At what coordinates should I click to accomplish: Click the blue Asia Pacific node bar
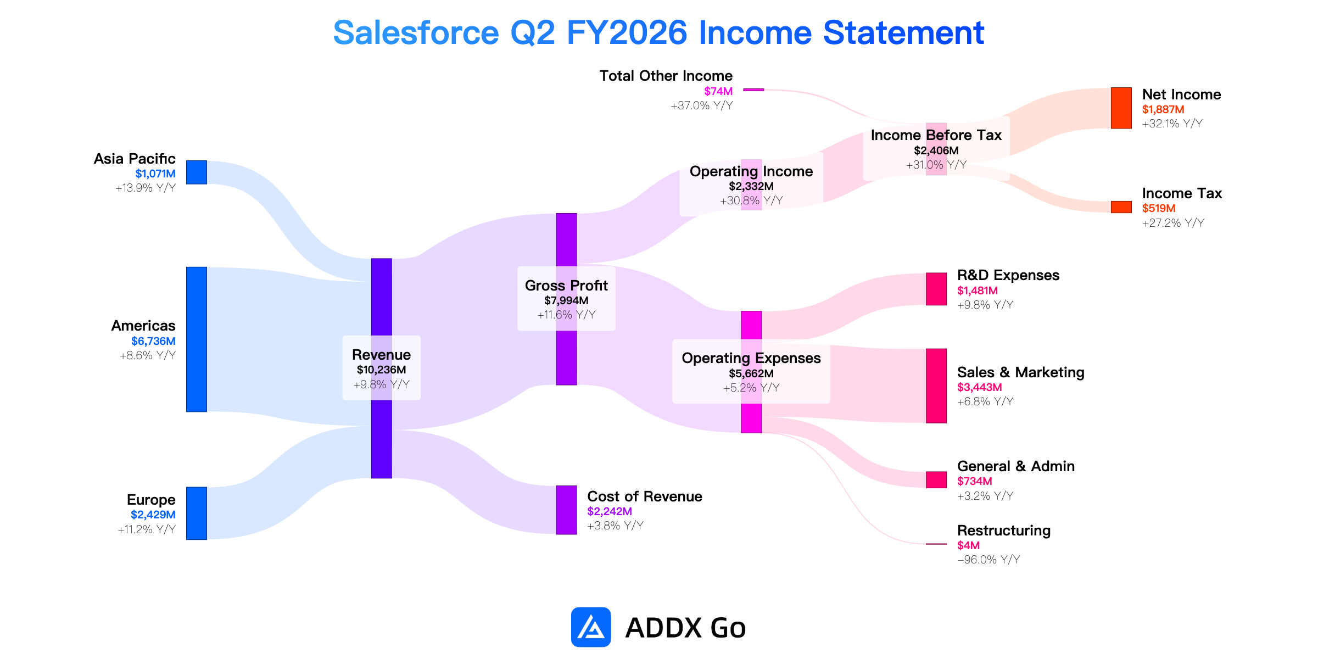coord(197,172)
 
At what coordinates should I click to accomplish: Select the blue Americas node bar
coord(197,339)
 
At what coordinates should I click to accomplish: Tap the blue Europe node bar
coord(197,513)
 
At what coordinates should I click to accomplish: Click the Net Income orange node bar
coord(1121,108)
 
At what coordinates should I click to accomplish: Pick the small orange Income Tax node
coord(1121,207)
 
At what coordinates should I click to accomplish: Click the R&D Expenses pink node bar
coord(936,289)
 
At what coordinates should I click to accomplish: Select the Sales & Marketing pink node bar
coord(936,386)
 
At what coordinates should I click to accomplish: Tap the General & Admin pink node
coord(936,480)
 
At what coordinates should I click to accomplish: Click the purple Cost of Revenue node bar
coord(566,510)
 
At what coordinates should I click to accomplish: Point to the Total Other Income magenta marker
coord(753,90)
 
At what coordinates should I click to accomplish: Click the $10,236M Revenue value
coord(382,370)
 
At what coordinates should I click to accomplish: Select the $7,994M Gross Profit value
coord(566,300)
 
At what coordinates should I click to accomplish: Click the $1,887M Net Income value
coord(1163,109)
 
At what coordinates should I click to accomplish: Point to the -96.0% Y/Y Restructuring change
coord(988,560)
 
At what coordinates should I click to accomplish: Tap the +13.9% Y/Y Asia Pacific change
coord(146,188)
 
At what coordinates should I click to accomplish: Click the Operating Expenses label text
coord(751,358)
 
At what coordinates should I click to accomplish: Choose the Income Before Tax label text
coord(936,135)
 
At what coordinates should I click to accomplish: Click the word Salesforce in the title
coord(416,33)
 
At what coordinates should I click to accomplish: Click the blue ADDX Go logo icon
coord(591,627)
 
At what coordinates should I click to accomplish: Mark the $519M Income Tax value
coord(1159,208)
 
